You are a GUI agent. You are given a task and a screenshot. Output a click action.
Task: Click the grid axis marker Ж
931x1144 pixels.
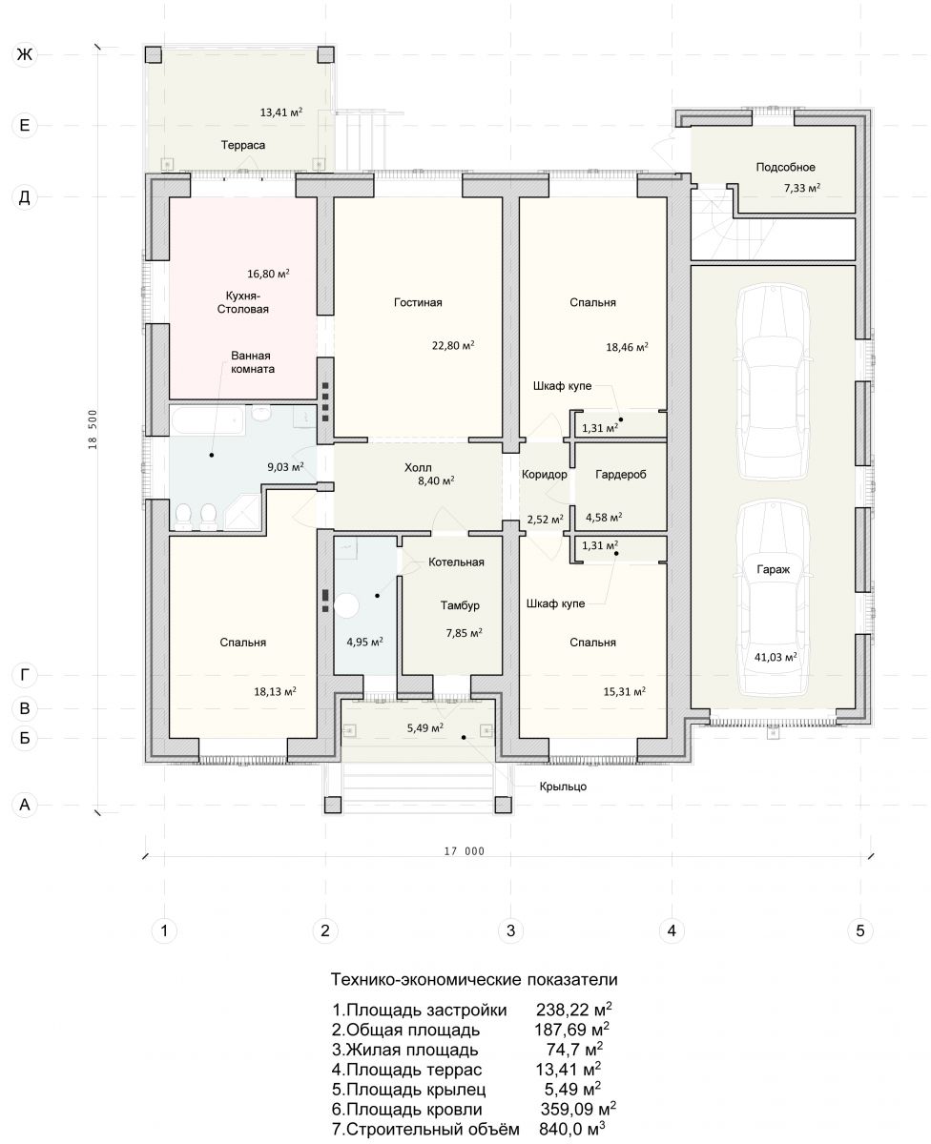coord(25,54)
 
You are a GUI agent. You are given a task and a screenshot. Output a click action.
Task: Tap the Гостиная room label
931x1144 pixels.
coord(418,302)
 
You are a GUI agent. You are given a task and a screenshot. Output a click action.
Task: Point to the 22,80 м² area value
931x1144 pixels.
coord(453,345)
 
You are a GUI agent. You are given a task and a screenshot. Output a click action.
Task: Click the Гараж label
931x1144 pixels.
coord(773,569)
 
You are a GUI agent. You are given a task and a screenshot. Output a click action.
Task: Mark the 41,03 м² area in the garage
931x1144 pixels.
coord(776,656)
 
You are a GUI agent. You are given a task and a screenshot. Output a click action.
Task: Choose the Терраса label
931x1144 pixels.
coord(243,145)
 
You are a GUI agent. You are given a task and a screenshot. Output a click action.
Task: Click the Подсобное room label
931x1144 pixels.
coord(785,167)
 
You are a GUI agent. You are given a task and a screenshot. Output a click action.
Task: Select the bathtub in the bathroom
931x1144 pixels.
coord(208,421)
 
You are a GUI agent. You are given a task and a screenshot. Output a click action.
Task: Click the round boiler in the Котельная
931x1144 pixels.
coord(346,605)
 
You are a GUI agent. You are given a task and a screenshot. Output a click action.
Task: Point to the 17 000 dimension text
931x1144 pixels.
coord(465,850)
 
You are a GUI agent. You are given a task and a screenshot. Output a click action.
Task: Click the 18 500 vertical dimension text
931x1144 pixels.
coord(93,430)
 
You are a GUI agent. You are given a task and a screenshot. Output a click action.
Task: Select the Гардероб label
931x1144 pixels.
coord(620,474)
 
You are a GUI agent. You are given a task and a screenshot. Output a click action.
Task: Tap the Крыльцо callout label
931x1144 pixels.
coord(563,786)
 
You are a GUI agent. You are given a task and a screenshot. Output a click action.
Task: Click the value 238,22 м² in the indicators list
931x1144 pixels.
coord(573,1010)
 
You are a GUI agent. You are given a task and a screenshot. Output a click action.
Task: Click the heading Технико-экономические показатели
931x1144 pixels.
coord(474,979)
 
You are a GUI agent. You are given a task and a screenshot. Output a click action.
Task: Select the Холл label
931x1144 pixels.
coord(418,467)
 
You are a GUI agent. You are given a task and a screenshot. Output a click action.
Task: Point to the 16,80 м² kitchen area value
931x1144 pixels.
coord(268,274)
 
